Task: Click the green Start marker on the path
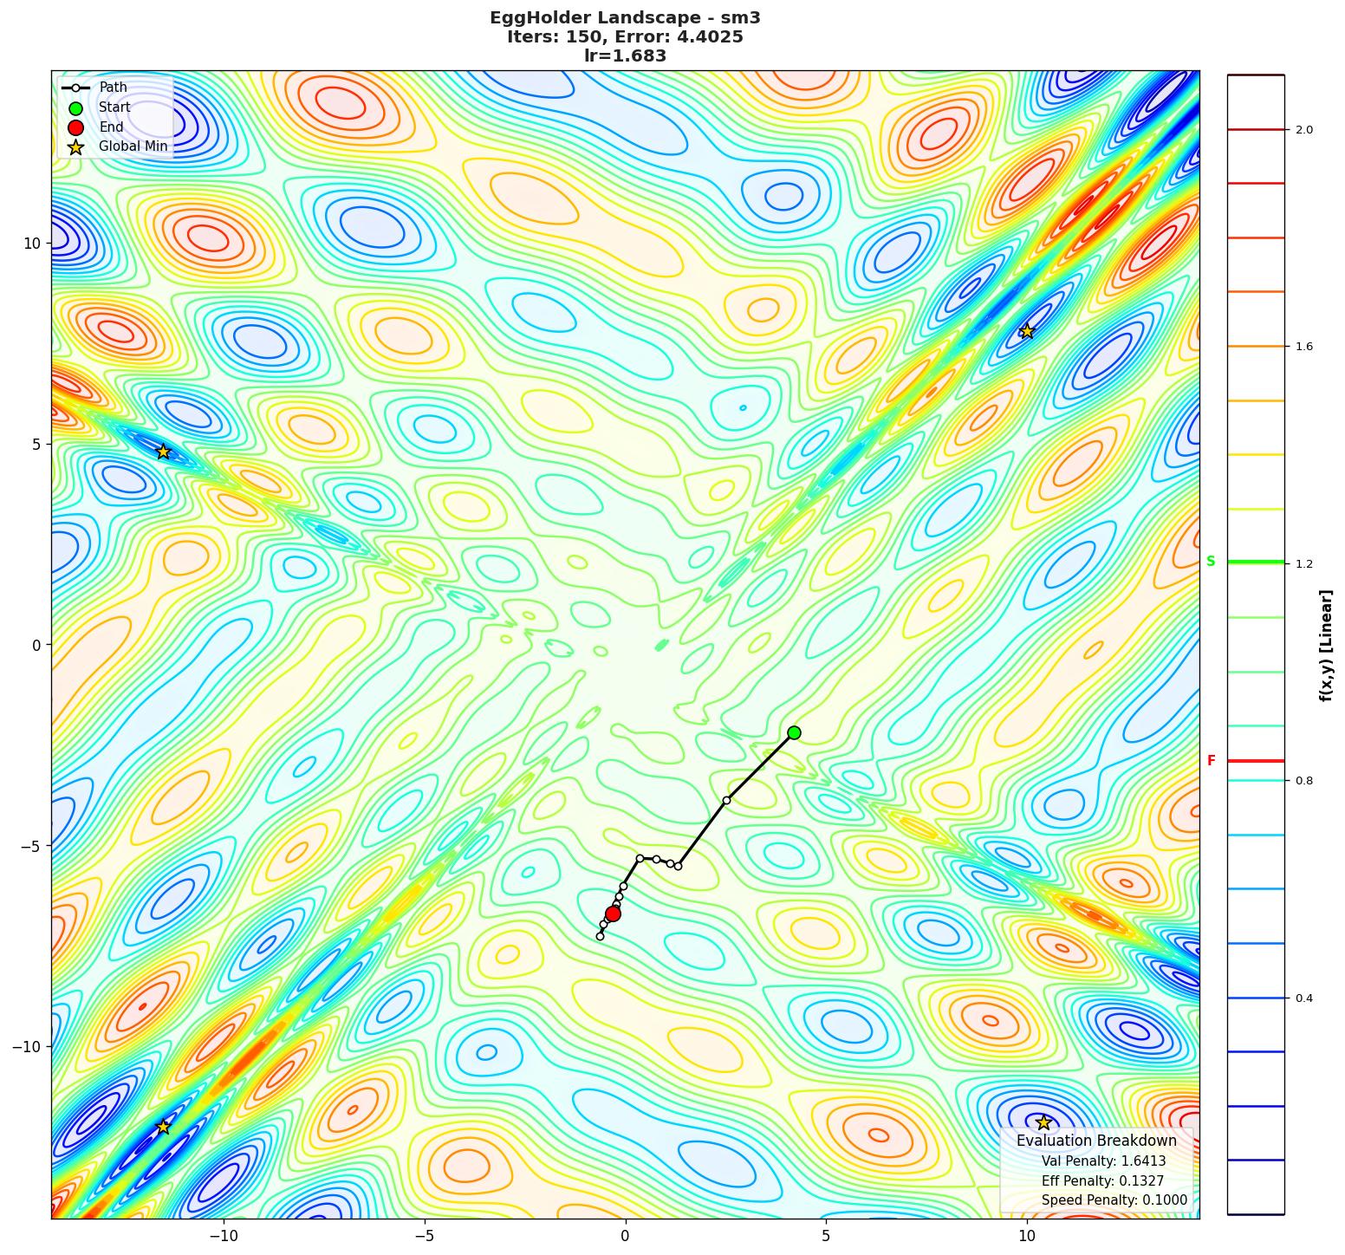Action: coord(794,732)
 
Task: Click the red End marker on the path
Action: coord(613,914)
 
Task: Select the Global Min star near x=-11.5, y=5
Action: coord(163,452)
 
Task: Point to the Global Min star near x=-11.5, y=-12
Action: coord(163,1127)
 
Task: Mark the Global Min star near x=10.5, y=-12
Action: coord(1043,1122)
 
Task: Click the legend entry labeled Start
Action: coord(114,107)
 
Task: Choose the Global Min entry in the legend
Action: coord(133,146)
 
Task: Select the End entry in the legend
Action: coord(111,127)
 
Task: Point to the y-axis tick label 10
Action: coord(33,243)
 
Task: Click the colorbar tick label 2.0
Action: coord(1303,130)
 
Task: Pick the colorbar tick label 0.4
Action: coord(1303,998)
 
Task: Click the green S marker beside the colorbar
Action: coord(1211,562)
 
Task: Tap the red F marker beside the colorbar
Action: coord(1211,761)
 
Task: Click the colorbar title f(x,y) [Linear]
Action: coord(1326,645)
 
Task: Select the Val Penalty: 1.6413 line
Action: coord(1103,1161)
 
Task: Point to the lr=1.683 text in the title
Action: coord(625,56)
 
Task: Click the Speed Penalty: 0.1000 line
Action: coord(1114,1200)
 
